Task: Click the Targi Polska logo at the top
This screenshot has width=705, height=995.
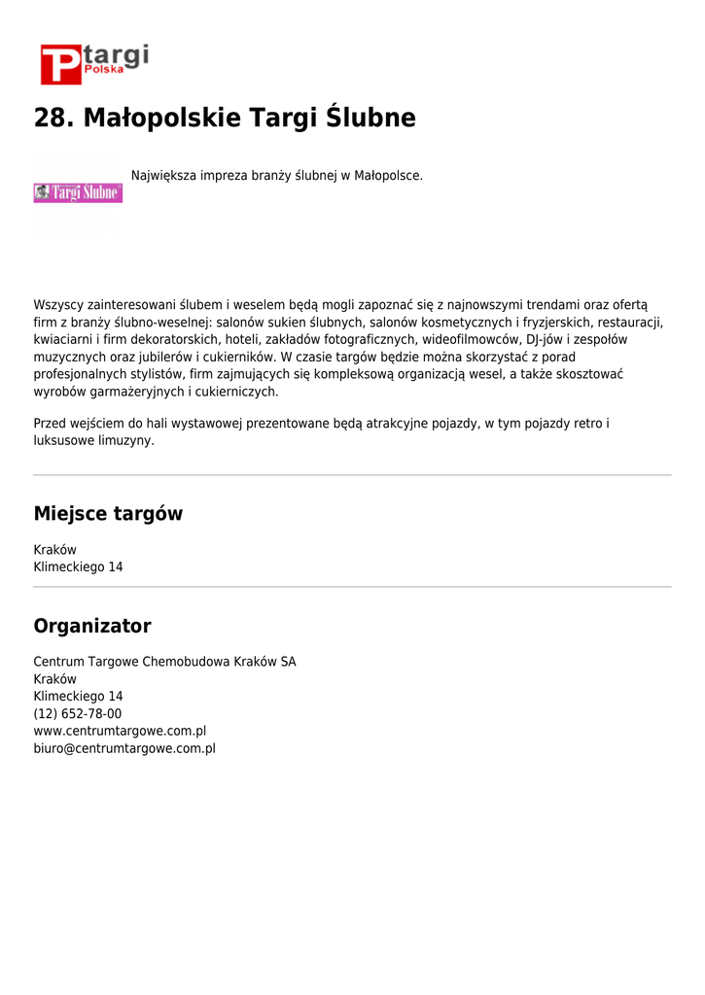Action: (93, 62)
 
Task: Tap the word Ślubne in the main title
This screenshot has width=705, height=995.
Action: (370, 119)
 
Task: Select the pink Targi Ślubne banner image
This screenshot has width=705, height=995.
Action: (78, 192)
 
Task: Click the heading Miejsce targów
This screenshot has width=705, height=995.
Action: (108, 514)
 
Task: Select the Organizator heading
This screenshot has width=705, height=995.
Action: (92, 626)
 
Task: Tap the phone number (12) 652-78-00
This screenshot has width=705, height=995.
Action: (78, 714)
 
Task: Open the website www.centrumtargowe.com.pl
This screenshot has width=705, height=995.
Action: (120, 732)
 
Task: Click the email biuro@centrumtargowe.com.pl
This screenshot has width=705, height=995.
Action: (124, 749)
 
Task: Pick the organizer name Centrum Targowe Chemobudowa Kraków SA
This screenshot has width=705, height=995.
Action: (164, 662)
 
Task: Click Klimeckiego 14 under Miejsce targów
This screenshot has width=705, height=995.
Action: (78, 567)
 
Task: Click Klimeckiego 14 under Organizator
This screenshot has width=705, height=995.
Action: (78, 697)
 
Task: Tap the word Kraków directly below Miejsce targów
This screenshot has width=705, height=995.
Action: (54, 550)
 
